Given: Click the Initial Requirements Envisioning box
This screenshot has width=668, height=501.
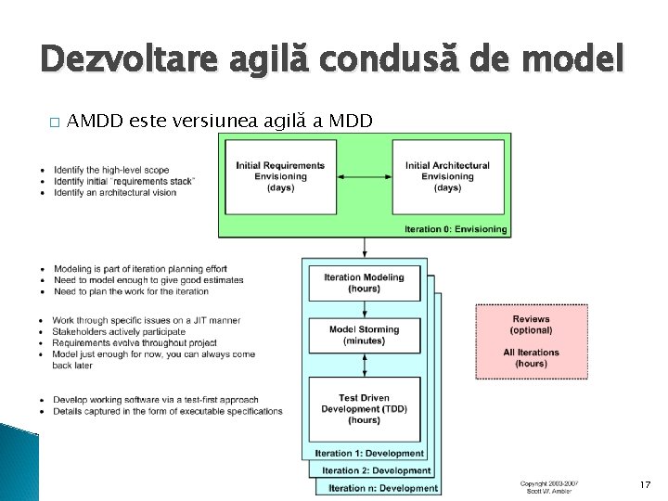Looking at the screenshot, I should pyautogui.click(x=280, y=176).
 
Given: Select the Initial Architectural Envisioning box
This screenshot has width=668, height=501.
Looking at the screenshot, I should pyautogui.click(x=448, y=176).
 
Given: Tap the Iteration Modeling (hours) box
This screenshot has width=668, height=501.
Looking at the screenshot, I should pyautogui.click(x=365, y=283).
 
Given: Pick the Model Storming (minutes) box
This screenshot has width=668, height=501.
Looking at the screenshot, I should pyautogui.click(x=365, y=335).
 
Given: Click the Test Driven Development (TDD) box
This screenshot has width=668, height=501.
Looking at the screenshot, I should pyautogui.click(x=365, y=409).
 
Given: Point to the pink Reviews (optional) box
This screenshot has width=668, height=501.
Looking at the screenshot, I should pyautogui.click(x=532, y=341).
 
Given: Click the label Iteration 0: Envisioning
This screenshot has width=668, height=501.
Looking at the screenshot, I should pyautogui.click(x=456, y=229).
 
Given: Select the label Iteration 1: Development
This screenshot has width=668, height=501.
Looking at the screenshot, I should pyautogui.click(x=369, y=454).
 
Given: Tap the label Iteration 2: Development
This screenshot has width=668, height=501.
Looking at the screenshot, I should pyautogui.click(x=376, y=471).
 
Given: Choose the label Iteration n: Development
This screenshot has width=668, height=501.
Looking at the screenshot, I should pyautogui.click(x=382, y=488).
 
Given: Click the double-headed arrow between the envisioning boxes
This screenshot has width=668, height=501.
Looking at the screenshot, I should pyautogui.click(x=364, y=176).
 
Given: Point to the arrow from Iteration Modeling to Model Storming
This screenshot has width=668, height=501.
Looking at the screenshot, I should pyautogui.click(x=365, y=310).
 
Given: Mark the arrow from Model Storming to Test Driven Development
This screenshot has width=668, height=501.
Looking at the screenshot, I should pyautogui.click(x=365, y=364).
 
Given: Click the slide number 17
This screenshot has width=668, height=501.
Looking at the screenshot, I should pyautogui.click(x=646, y=485).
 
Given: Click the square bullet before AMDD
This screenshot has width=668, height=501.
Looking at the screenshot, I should pyautogui.click(x=45, y=122).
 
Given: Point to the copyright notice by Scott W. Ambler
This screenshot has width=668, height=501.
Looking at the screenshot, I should pyautogui.click(x=548, y=487).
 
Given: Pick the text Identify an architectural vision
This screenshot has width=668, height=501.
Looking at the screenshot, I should pyautogui.click(x=116, y=192).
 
